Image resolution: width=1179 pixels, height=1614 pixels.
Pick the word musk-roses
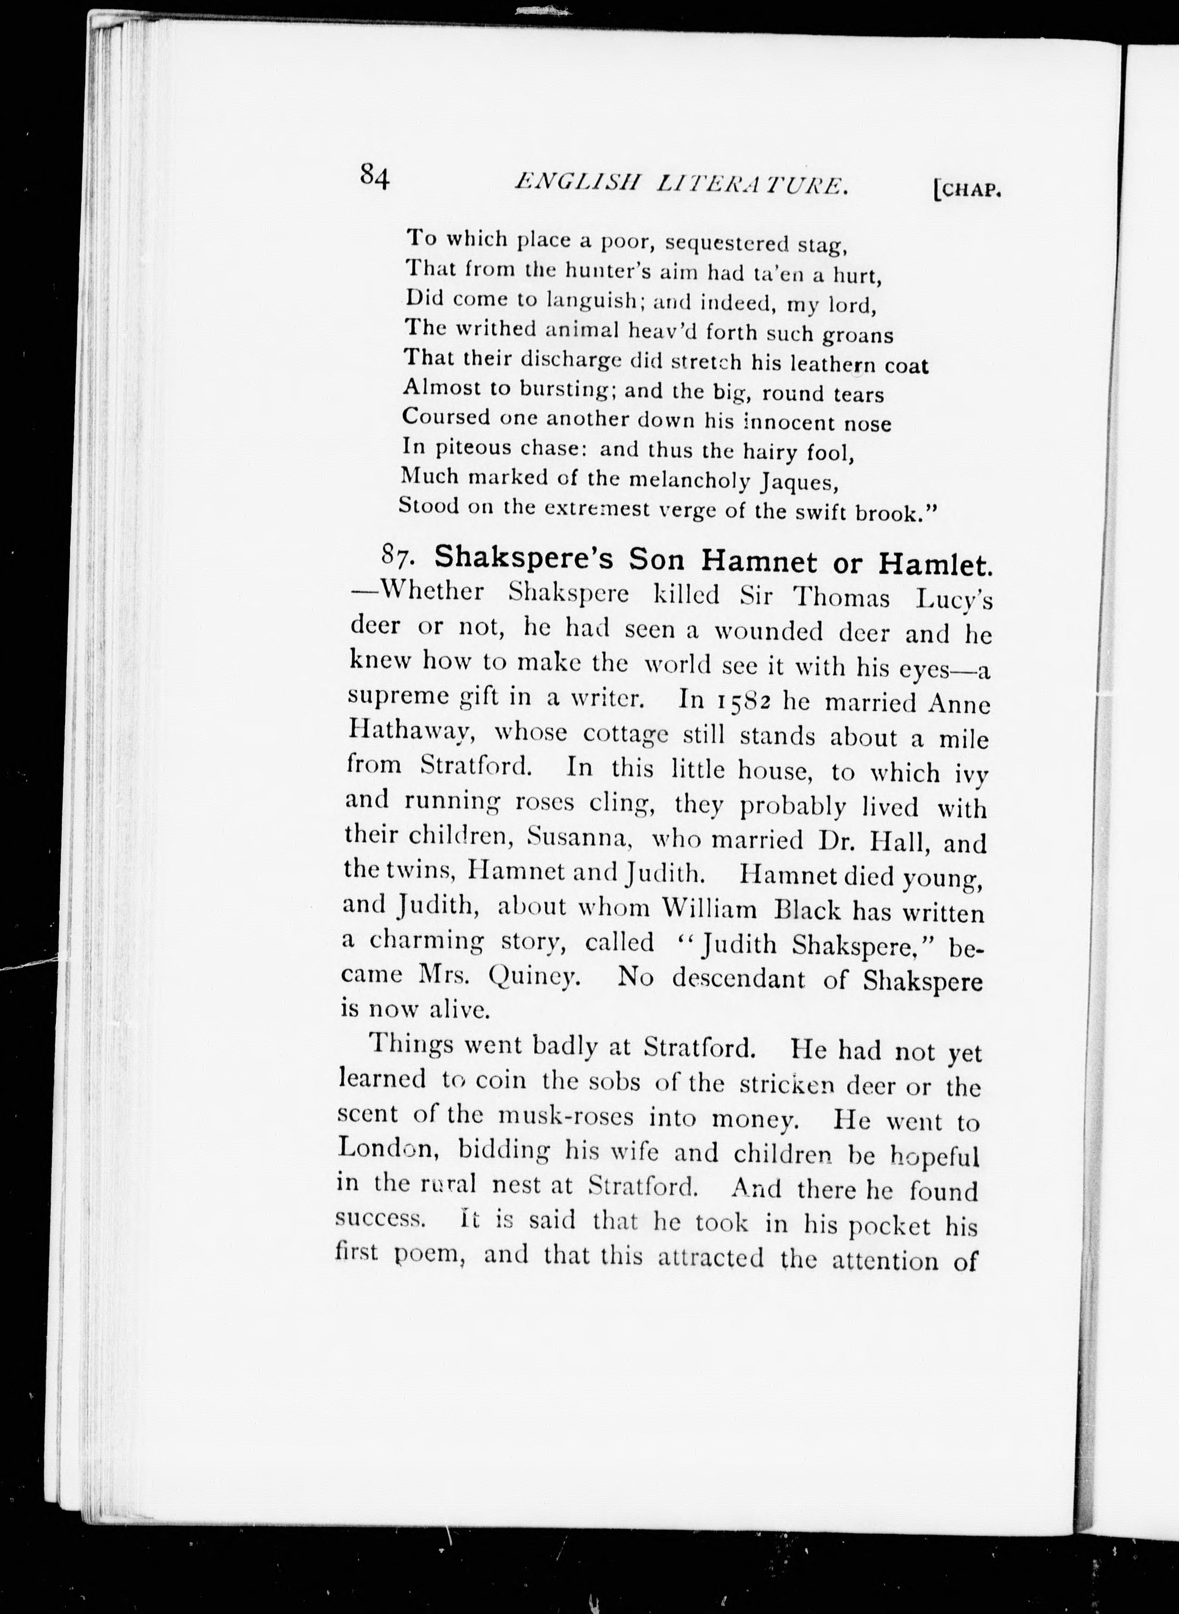coord(565,1115)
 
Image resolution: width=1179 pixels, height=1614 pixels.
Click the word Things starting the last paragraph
coord(411,1044)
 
